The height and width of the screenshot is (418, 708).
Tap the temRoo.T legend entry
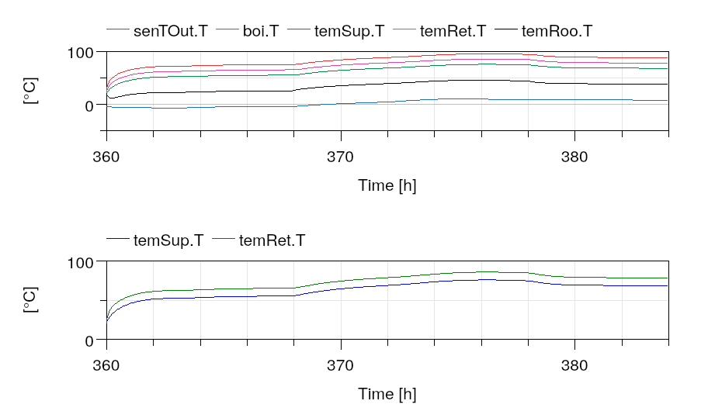(557, 31)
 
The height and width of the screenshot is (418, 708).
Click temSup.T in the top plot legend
(349, 31)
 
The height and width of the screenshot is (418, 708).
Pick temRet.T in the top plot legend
(453, 31)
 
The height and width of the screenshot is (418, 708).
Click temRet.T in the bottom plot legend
(272, 240)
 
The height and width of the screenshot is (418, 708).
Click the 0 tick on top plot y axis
(89, 105)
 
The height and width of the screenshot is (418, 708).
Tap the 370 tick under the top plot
(340, 157)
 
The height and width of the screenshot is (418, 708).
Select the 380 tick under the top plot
(574, 157)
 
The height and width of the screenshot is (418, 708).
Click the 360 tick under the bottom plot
(106, 365)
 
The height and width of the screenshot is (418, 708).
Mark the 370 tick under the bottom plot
(340, 365)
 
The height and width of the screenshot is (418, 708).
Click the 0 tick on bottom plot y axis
(89, 340)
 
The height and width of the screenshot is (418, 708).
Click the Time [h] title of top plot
(387, 185)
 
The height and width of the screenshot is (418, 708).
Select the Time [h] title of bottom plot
(387, 394)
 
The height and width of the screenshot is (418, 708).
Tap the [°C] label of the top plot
(30, 91)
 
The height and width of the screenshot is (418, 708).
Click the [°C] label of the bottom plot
(30, 300)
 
